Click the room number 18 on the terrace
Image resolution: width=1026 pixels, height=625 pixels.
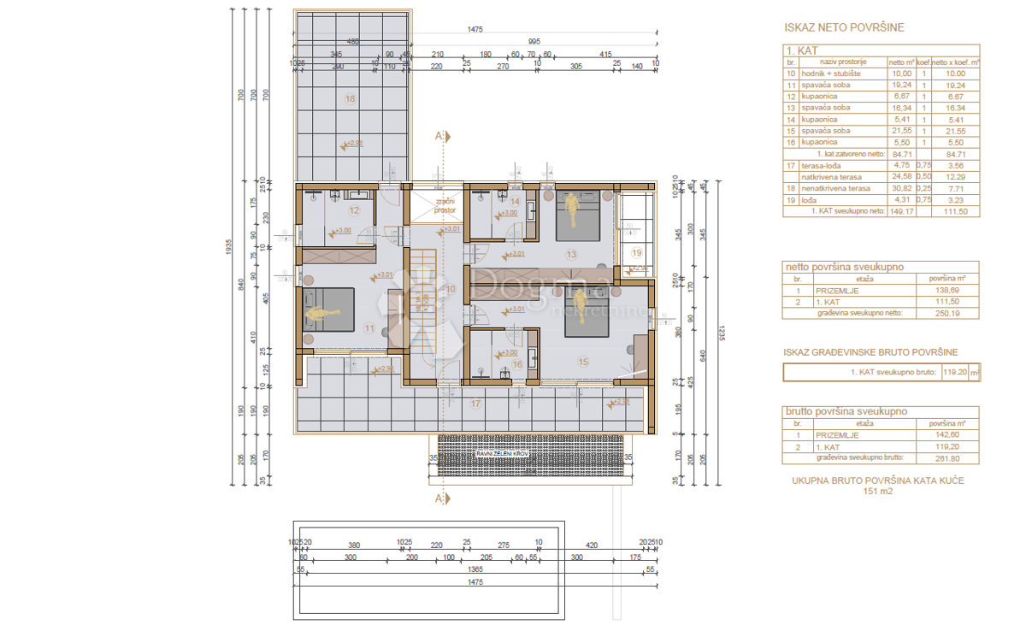tap(350, 99)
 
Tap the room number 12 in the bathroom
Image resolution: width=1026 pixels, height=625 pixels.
tap(354, 209)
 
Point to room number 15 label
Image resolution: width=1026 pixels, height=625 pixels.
tap(583, 362)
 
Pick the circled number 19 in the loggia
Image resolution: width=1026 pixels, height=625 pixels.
tap(636, 253)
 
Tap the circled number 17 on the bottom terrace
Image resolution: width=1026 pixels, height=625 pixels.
tap(476, 404)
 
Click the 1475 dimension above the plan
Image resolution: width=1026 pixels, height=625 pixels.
tap(475, 30)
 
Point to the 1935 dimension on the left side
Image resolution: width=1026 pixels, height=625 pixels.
tap(229, 247)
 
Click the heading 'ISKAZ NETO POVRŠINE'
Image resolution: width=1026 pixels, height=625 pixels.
tap(844, 27)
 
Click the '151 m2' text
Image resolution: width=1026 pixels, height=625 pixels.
tap(877, 492)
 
